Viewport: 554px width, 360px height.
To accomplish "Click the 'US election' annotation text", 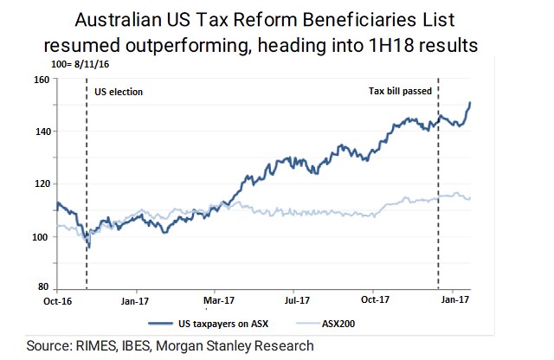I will click(118, 91).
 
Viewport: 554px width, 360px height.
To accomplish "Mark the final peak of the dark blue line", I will click(470, 103).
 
